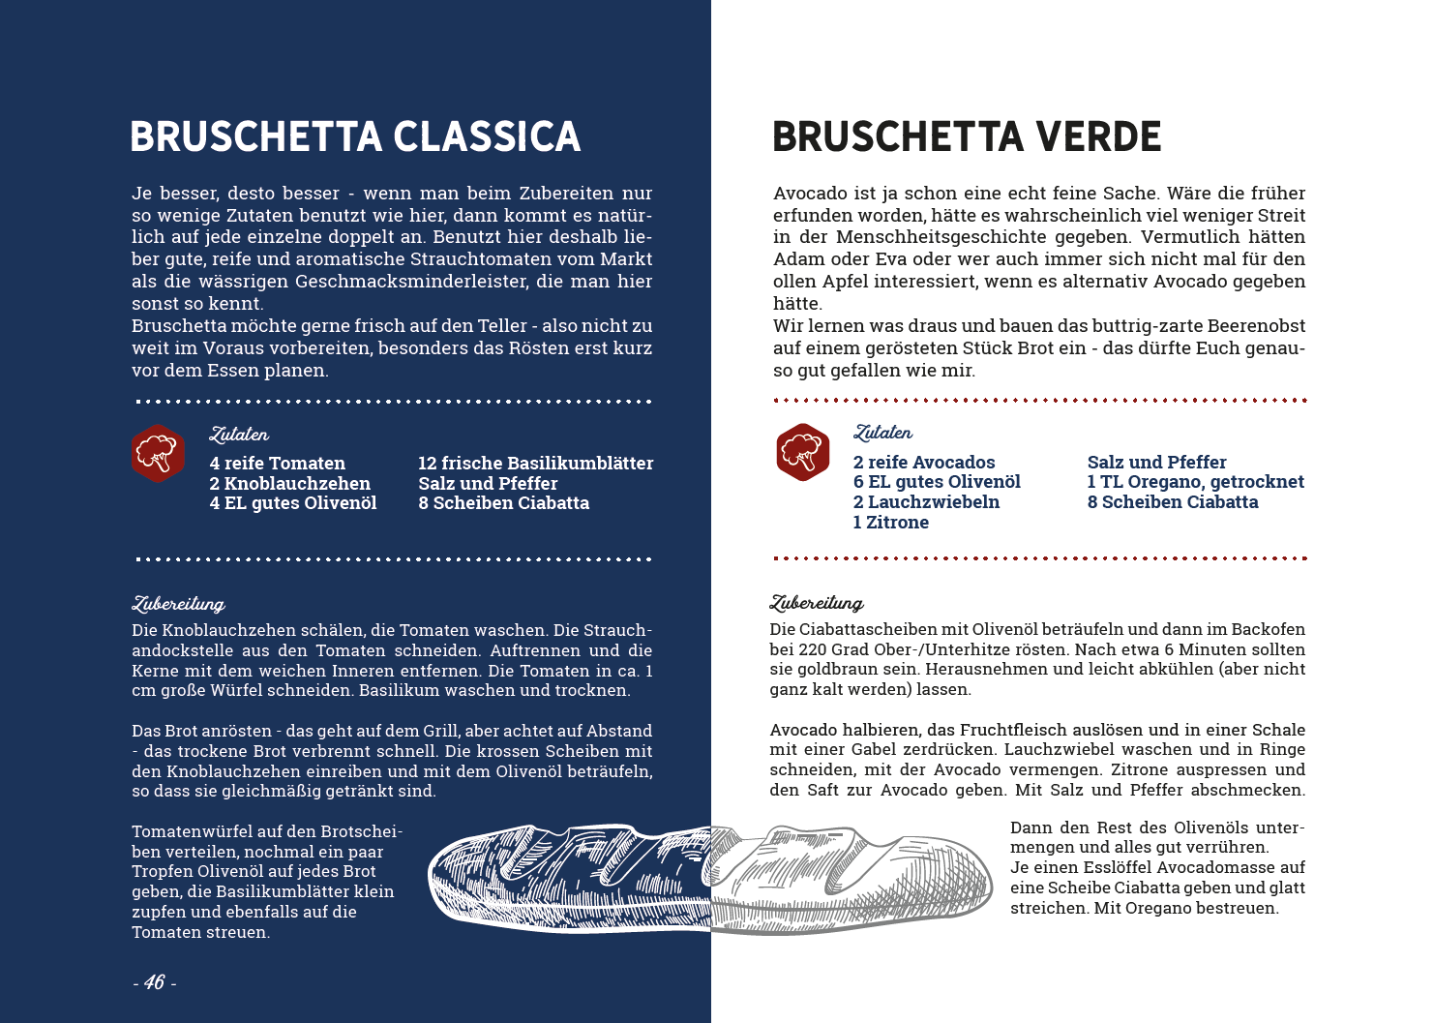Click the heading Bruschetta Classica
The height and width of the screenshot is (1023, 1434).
pos(355,137)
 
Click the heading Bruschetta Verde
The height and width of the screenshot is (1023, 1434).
pos(967,137)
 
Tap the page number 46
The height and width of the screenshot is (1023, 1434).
pos(154,983)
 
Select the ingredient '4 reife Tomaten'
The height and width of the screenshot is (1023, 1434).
pos(277,464)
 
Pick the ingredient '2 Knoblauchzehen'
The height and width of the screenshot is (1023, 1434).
pos(289,484)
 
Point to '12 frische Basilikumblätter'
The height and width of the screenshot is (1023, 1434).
pos(535,464)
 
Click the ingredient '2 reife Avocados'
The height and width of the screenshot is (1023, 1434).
pos(923,463)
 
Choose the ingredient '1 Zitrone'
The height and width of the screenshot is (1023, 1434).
pos(890,523)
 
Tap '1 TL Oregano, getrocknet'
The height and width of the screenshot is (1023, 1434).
pos(1195,482)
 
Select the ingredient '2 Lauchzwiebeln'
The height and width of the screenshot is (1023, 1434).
pos(926,502)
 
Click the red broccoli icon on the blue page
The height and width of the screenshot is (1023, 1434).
pos(158,453)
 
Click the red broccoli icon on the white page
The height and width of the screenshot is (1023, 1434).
pos(802,452)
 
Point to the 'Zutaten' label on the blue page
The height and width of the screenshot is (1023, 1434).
pos(239,435)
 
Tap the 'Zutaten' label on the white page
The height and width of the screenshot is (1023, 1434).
pos(882,433)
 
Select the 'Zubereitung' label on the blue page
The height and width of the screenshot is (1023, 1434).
pos(178,604)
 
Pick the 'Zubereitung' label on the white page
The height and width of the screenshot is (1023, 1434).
pos(817,603)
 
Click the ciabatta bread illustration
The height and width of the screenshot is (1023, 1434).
pos(710,879)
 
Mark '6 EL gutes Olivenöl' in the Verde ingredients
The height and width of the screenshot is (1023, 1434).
pos(936,482)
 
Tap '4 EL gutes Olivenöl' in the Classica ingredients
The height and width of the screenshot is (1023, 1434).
pos(292,503)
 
